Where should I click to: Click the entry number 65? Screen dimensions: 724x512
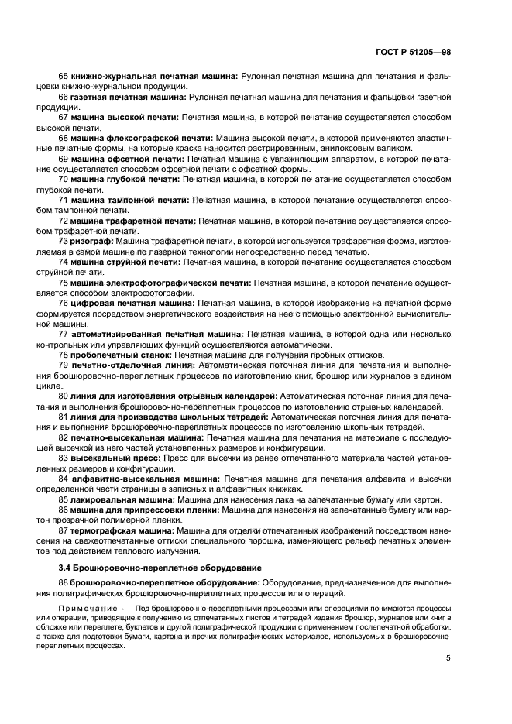pos(64,77)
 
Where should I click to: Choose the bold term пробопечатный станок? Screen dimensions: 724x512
pos(115,355)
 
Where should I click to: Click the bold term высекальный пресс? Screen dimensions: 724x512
pos(109,458)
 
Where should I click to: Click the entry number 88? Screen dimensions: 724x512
pos(64,582)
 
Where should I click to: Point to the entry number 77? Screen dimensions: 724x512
pos(64,334)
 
